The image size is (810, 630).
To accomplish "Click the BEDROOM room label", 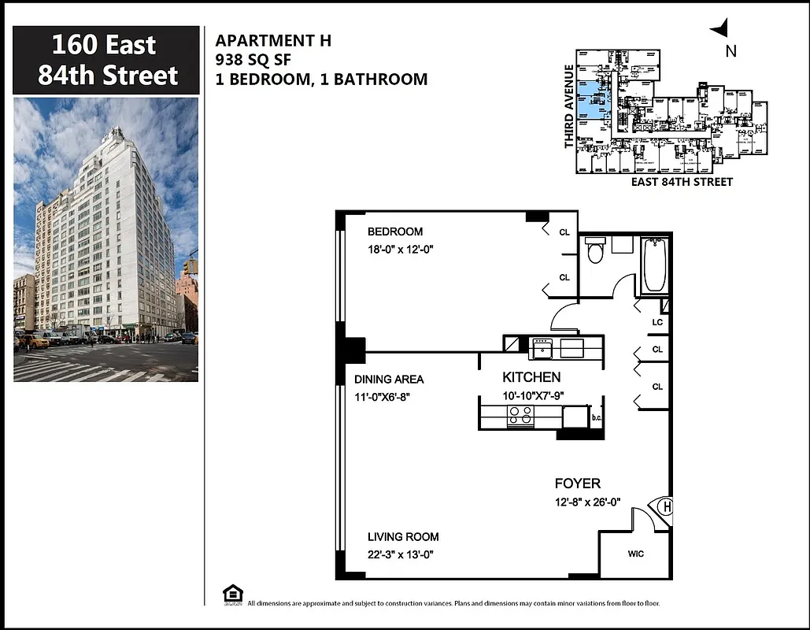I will pos(395,232).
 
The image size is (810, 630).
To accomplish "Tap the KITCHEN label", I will pos(531,377).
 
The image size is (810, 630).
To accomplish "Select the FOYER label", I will pos(577,484).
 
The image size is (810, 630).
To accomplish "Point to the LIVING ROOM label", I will pos(403,537).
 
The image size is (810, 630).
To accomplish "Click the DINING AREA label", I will pos(389,380).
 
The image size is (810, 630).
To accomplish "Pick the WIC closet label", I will pos(635,554).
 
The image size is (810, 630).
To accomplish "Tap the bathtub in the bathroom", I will pos(654,265).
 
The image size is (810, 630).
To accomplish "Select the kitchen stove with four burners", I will pos(520,415).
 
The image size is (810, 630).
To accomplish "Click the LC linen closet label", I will pos(657,322).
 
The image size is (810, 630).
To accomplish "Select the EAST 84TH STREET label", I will pos(682,182).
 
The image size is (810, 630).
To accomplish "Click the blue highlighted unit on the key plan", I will pos(594,100).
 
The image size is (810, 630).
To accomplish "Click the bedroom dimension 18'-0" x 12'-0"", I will pos(401,249).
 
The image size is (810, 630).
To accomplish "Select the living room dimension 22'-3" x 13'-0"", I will pos(403,554).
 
